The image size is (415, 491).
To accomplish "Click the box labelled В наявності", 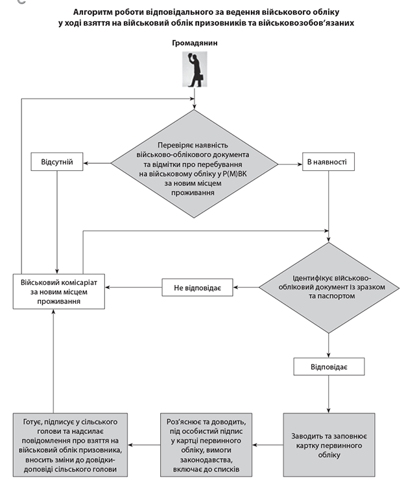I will click(x=328, y=162).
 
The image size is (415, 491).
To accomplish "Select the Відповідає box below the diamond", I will click(x=328, y=367).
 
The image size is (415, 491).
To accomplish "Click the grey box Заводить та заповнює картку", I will click(x=328, y=445).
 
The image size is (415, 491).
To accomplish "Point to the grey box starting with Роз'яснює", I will click(x=206, y=445).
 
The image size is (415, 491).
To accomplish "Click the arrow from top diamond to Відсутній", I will click(x=98, y=163).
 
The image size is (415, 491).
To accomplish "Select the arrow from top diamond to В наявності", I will click(x=290, y=163).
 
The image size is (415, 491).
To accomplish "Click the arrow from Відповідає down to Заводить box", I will click(x=328, y=394).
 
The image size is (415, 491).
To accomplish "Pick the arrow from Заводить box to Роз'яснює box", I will click(x=267, y=445).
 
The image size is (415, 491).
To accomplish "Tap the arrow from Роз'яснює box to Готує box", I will click(x=143, y=445).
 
